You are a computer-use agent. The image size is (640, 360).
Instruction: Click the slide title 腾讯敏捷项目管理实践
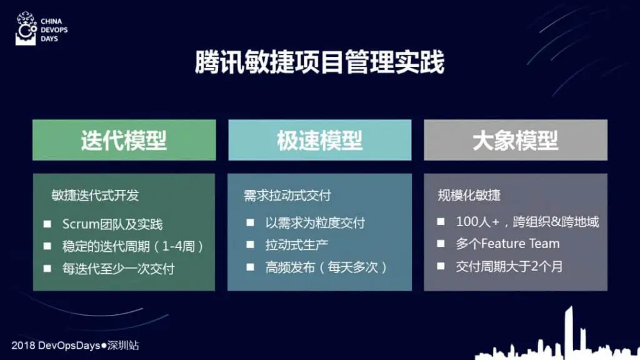click(x=319, y=62)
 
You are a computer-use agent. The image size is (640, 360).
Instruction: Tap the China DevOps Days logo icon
click(x=26, y=28)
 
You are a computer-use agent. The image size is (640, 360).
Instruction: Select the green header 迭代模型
click(x=124, y=140)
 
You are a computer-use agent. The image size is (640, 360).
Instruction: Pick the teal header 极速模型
click(x=320, y=140)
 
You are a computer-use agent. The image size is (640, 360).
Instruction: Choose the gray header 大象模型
click(x=516, y=140)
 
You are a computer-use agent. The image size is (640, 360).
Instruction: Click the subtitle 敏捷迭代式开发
click(x=95, y=196)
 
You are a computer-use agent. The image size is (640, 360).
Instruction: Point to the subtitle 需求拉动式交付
click(x=287, y=196)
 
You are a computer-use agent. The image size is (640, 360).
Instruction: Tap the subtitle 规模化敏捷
click(x=469, y=195)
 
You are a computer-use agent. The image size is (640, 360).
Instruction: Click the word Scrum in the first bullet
click(x=81, y=224)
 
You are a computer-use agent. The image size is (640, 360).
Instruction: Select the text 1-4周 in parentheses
click(x=178, y=246)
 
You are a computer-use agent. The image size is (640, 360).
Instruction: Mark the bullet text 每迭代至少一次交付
click(x=118, y=269)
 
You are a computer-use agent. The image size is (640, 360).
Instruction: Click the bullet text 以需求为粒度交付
click(x=315, y=223)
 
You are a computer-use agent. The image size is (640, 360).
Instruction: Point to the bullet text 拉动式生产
click(x=297, y=245)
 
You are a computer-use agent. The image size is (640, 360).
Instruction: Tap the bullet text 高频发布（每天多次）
click(x=326, y=267)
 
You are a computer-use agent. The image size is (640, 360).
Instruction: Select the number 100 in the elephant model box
click(x=467, y=222)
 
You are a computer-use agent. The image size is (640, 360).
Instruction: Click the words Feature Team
click(x=521, y=244)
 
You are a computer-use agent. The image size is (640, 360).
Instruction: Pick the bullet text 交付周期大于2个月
click(x=509, y=266)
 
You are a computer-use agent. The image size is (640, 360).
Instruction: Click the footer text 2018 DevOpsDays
click(x=56, y=345)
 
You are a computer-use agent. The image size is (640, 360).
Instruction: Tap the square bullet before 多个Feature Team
click(x=441, y=244)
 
